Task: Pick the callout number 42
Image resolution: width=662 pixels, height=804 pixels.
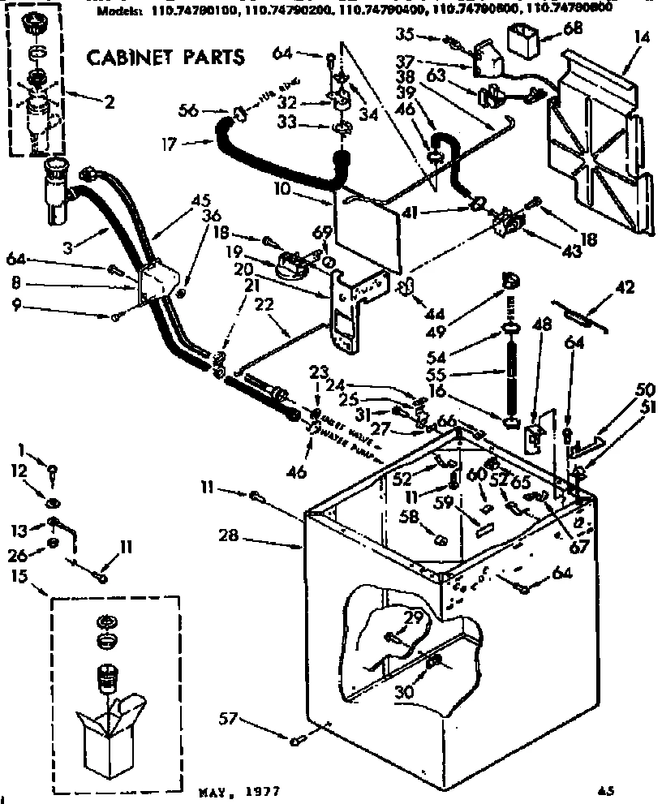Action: click(625, 286)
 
